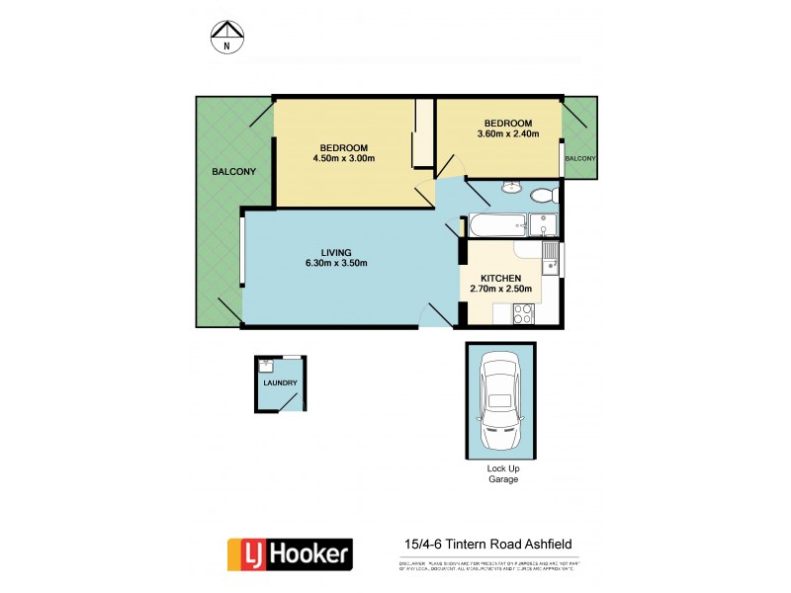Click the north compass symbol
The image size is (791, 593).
[226, 37]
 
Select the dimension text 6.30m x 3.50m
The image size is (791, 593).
[337, 263]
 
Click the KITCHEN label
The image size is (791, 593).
[501, 278]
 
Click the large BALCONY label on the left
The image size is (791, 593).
[233, 172]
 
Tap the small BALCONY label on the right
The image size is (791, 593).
[580, 158]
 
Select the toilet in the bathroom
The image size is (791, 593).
[541, 194]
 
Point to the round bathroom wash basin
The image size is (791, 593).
[511, 188]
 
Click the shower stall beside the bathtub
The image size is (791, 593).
[543, 225]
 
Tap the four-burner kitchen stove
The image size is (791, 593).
[523, 313]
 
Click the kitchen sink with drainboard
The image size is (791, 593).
[552, 260]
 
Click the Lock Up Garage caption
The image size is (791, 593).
[501, 473]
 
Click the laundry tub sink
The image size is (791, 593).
[266, 364]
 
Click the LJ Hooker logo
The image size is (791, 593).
[290, 553]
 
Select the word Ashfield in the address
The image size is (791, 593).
[540, 544]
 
